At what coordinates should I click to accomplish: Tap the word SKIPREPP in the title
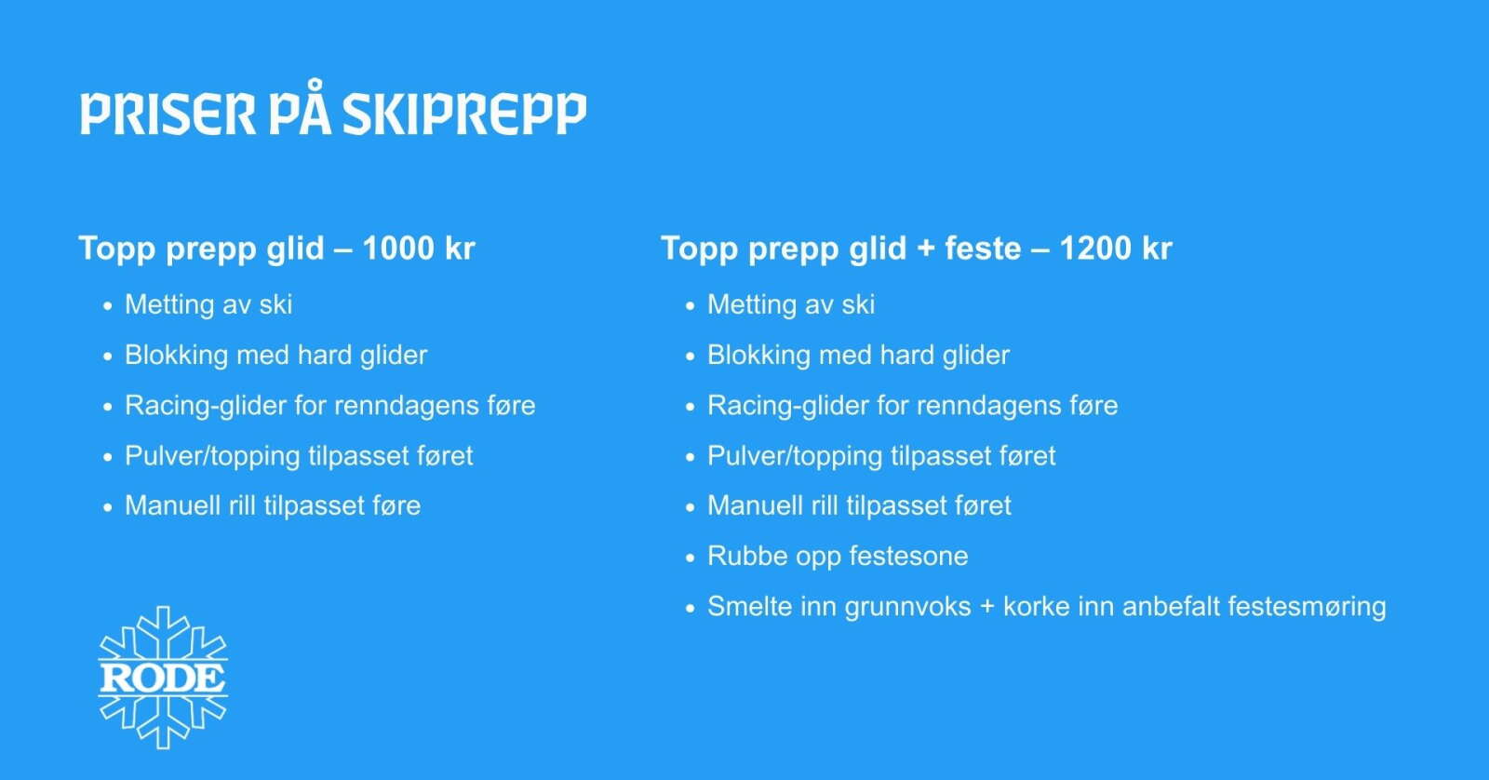(465, 114)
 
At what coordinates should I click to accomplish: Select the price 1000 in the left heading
(398, 249)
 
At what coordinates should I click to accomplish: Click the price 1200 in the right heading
(1095, 249)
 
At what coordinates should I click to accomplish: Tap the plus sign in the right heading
(926, 249)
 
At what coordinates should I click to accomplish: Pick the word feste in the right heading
(983, 249)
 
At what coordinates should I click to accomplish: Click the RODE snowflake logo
(163, 678)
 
